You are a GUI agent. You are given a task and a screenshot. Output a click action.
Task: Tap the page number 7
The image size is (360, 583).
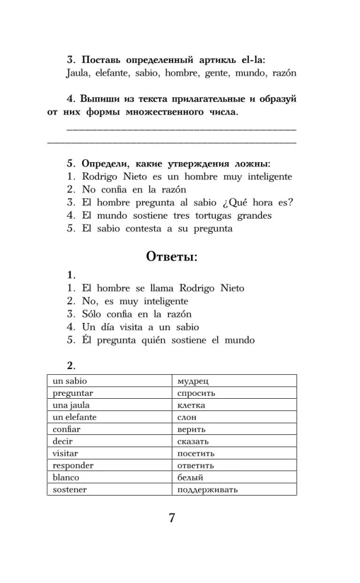[x=172, y=518]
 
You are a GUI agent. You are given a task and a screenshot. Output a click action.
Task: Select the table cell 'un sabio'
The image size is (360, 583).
[x=108, y=381]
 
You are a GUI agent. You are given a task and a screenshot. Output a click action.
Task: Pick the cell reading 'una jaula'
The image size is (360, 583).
[x=108, y=405]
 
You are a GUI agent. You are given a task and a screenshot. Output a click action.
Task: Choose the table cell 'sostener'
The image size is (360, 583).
[x=108, y=490]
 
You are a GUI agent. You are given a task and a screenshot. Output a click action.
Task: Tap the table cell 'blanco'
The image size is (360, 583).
[x=108, y=477]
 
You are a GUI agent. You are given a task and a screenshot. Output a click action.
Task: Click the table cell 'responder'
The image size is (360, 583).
[x=108, y=466]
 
